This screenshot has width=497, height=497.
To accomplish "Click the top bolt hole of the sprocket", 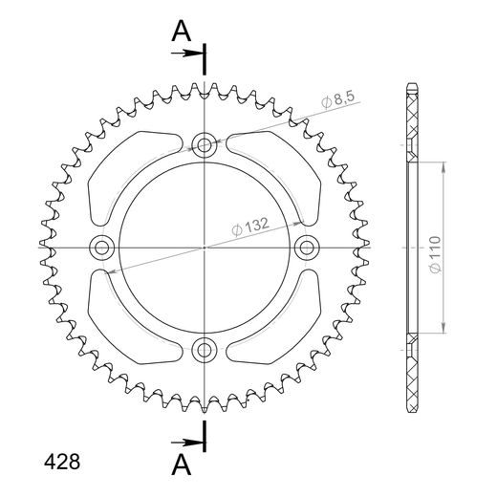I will point(204,145).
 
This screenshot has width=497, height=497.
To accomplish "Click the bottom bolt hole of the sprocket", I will point(204,350).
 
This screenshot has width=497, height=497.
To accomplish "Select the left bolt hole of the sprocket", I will point(101,248).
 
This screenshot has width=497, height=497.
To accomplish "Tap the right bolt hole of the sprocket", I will point(306,248).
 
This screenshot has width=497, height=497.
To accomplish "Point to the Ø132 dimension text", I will point(248,227).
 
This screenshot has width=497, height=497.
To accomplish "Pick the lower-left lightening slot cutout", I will point(129,321).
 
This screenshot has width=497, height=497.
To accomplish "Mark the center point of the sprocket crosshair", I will point(204,248).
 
